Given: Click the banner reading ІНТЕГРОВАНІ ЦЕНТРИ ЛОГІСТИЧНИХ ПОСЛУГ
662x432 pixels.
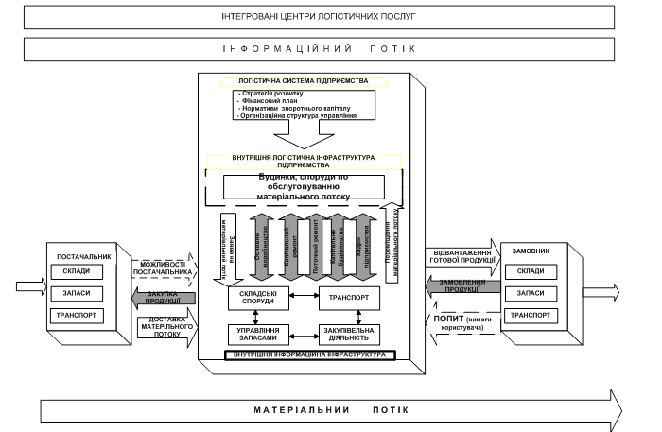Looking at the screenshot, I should (x=319, y=16).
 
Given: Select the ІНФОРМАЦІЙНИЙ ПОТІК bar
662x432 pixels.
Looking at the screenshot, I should (x=319, y=48).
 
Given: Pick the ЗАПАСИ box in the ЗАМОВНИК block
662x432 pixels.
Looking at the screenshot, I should (x=531, y=293).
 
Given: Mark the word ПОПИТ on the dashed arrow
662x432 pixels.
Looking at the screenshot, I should (x=448, y=319).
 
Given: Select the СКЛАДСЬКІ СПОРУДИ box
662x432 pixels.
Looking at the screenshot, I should (x=252, y=299).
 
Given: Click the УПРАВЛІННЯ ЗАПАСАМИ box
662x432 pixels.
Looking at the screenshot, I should (x=252, y=334).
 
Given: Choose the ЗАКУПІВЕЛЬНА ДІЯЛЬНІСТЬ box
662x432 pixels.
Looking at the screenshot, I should (x=349, y=334).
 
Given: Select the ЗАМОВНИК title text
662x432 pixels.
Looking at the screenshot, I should (x=530, y=251).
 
